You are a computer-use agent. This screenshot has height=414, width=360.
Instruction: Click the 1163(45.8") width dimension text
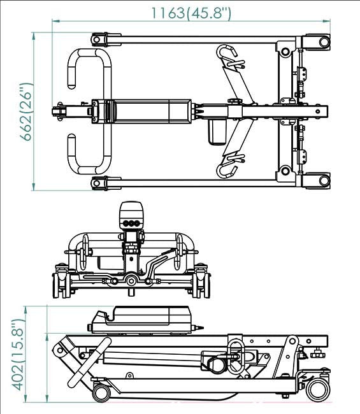pos(191,11)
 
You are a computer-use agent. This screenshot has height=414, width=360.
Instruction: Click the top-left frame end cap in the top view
pos(99,39)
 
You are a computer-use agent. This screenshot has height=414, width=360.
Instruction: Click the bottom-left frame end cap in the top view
pos(99,183)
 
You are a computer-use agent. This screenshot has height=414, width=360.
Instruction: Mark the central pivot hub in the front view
pos(131,280)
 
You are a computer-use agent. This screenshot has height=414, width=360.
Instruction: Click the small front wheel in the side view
pos(101,392)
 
